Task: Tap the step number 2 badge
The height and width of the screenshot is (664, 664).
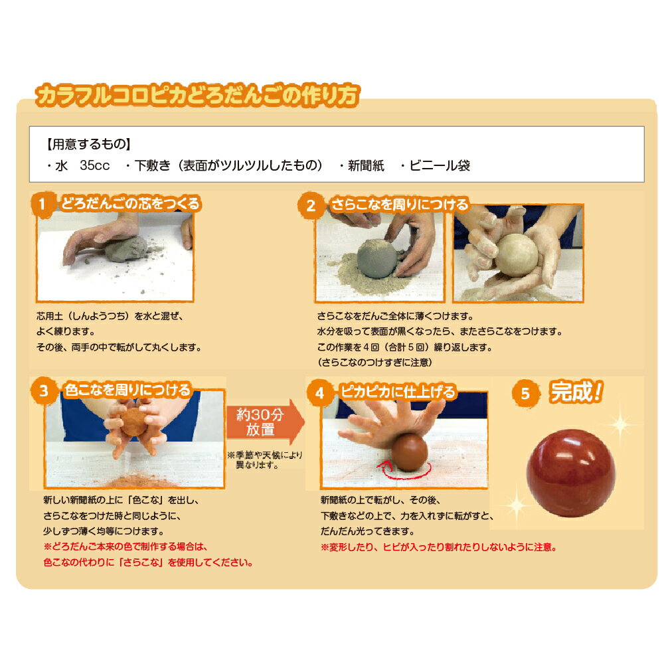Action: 311,205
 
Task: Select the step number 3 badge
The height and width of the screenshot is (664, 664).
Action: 44,391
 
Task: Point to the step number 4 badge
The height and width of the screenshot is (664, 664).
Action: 319,393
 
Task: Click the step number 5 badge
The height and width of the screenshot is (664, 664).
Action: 525,393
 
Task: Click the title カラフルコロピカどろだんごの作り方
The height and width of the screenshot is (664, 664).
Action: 198,95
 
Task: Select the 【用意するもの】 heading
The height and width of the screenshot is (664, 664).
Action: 88,143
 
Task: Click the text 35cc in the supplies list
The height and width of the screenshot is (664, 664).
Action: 94,166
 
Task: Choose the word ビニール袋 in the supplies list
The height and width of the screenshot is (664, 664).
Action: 440,166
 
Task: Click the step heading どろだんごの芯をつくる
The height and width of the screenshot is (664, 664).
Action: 130,204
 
